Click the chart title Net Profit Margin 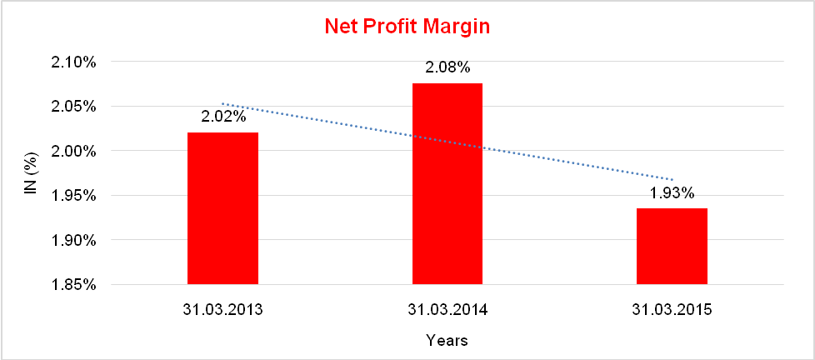click(407, 27)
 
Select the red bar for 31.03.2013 click(222, 208)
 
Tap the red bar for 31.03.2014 click(447, 183)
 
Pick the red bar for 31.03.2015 click(672, 246)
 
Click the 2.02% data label click(223, 117)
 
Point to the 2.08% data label click(447, 67)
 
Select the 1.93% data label click(672, 192)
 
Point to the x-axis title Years click(447, 340)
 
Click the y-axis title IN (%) click(31, 173)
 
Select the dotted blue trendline click(333, 123)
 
